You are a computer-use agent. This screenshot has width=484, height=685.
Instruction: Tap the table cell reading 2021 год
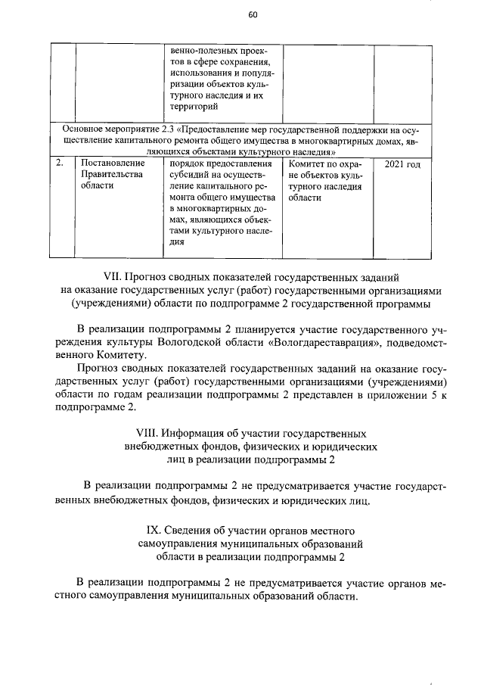pos(402,164)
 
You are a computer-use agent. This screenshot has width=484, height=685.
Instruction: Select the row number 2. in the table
pos(60,163)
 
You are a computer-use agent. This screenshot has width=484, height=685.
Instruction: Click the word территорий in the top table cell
pos(193,108)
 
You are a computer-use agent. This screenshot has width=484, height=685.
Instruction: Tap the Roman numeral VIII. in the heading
pos(148,434)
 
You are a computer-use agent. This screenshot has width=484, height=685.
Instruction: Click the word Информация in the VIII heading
pos(201,434)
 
